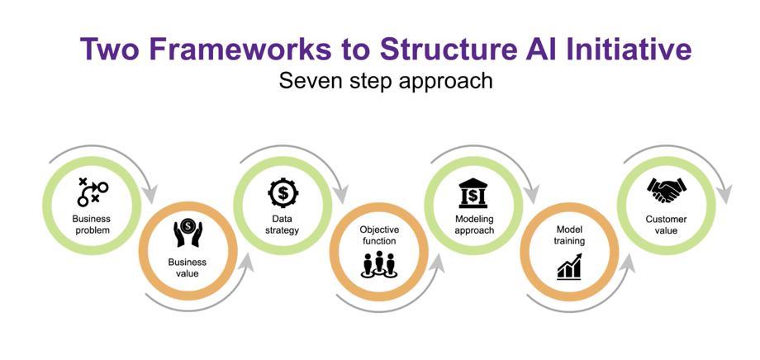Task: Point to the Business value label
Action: tap(188, 268)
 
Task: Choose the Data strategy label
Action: tap(283, 224)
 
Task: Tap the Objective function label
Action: tap(378, 235)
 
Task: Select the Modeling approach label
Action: tap(474, 224)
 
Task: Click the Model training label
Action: tap(570, 235)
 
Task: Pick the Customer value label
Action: tap(666, 225)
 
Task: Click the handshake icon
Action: tap(666, 191)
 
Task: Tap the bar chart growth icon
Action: tap(569, 267)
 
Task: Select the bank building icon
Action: tap(473, 193)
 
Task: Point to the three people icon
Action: tap(378, 264)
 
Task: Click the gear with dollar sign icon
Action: tap(283, 193)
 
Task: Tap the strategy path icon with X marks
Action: tap(93, 192)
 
